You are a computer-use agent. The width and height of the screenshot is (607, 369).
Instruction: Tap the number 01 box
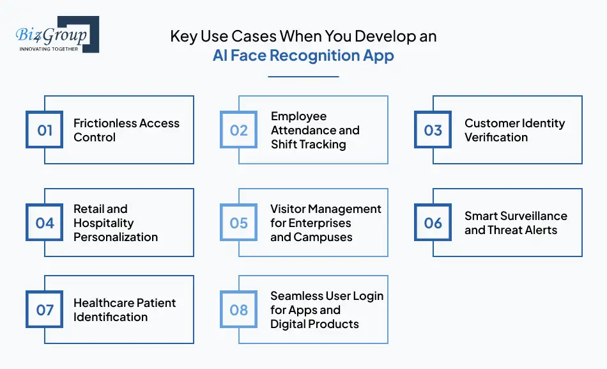45,130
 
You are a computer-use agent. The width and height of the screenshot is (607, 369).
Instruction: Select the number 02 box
239,130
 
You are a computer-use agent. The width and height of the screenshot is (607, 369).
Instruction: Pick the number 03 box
433,130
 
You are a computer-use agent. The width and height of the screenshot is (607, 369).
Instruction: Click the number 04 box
45,223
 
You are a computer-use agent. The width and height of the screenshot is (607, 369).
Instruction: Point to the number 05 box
239,223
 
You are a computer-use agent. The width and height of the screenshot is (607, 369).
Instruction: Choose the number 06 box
433,223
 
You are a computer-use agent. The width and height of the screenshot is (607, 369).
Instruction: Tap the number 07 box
45,310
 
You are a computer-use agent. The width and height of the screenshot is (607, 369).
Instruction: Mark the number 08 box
239,310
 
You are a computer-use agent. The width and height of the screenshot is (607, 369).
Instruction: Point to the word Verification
496,137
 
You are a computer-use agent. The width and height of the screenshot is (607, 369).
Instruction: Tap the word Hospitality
104,223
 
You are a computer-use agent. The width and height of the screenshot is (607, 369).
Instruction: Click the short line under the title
303,77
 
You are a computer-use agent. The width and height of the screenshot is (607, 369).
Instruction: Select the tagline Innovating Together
49,49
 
